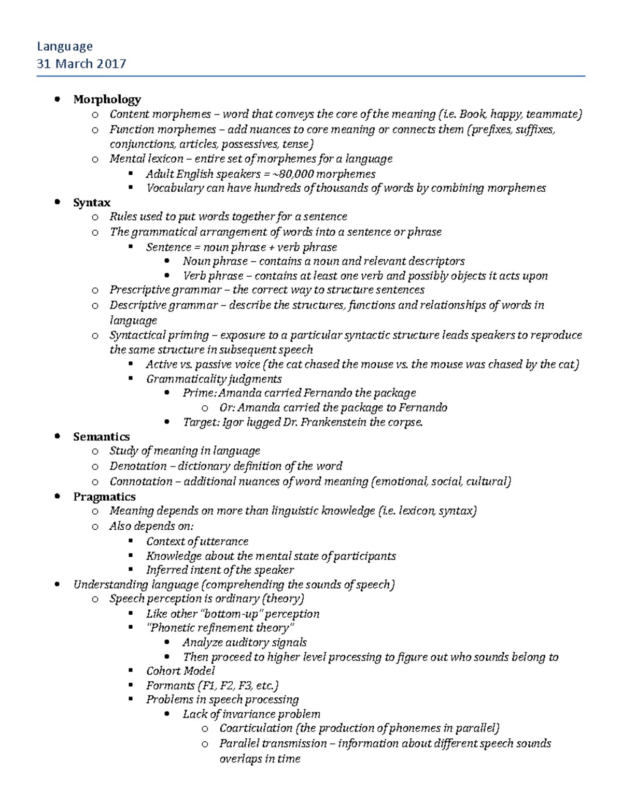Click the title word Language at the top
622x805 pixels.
click(65, 47)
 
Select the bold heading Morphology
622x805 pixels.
click(107, 99)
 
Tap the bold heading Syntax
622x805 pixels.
click(92, 202)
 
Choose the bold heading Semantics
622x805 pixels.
click(101, 436)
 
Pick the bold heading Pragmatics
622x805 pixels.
click(104, 497)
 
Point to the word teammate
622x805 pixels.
click(554, 114)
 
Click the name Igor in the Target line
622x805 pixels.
click(233, 422)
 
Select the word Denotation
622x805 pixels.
click(138, 466)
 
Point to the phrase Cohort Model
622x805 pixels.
click(180, 671)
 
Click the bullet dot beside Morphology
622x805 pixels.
click(58, 98)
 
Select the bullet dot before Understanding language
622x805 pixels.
click(58, 584)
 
